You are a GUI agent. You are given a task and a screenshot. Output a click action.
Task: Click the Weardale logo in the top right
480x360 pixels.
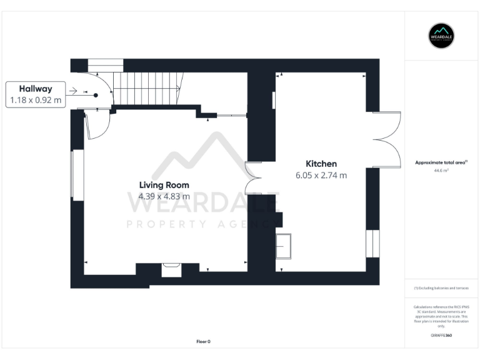coord(441,36)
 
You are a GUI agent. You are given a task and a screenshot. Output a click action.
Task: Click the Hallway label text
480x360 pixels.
coord(36,89)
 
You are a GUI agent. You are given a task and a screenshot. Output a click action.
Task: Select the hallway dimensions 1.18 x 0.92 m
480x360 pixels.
coord(36,100)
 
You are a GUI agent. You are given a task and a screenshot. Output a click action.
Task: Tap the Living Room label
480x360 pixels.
coord(164,184)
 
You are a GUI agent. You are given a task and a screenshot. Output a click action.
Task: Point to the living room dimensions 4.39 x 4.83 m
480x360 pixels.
coord(164,196)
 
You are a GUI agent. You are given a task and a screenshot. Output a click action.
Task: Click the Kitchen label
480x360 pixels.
coord(321,164)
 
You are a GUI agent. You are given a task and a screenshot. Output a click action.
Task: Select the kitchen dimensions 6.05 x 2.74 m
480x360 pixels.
coord(321,176)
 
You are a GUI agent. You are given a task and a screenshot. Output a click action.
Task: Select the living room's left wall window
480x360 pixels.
coord(77,175)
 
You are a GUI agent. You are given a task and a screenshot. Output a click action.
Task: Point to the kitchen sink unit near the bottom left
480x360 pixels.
coord(283,245)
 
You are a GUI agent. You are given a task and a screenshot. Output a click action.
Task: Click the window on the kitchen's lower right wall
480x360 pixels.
coord(372,243)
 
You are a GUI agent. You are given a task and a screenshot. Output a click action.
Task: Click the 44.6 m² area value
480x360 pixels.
coord(441,170)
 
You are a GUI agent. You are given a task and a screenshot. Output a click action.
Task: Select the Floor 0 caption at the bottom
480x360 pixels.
coord(203,341)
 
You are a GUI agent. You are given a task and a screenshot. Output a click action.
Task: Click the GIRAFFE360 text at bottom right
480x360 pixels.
coord(441,336)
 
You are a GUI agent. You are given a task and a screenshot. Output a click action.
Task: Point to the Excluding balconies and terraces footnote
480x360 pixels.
coord(441,288)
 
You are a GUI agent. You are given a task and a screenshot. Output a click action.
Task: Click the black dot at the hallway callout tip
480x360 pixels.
coord(96,95)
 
